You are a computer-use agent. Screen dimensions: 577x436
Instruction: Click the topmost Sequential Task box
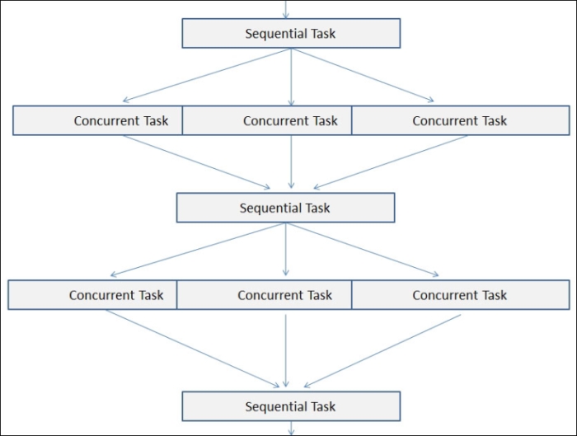tap(291, 33)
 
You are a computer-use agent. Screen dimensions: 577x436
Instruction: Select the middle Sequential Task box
tap(285, 208)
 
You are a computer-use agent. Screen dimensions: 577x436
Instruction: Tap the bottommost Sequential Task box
tap(291, 406)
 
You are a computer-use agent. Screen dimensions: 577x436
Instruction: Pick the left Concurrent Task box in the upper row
tap(97, 120)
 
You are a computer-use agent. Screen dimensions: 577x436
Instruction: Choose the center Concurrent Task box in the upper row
tap(267, 120)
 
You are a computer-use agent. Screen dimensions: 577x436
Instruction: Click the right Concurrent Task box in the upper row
tap(461, 120)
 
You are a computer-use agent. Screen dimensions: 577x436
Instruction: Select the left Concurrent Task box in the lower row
tap(92, 295)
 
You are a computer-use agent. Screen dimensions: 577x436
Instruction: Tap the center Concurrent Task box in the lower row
tap(265, 295)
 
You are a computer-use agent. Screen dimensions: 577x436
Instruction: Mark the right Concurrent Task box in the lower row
tap(461, 295)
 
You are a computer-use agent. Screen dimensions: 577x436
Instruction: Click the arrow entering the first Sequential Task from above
tap(286, 9)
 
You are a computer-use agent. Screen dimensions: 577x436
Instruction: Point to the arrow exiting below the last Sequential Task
tap(292, 429)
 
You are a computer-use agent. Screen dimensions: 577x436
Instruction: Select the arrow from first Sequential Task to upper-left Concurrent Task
tap(207, 75)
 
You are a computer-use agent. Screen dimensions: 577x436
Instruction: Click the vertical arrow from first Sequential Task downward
tap(292, 77)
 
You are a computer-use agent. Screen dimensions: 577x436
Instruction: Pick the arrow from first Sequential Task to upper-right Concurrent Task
tap(363, 75)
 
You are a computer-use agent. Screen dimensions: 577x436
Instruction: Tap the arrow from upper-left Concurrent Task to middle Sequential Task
tap(196, 162)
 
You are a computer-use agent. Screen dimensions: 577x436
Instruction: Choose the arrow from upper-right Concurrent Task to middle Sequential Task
tap(391, 162)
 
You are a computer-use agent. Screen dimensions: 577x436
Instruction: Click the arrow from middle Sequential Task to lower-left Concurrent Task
tap(198, 250)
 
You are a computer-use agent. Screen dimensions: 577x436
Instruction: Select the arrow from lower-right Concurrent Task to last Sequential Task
tap(382, 351)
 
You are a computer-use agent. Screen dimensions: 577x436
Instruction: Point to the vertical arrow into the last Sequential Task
tap(286, 350)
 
